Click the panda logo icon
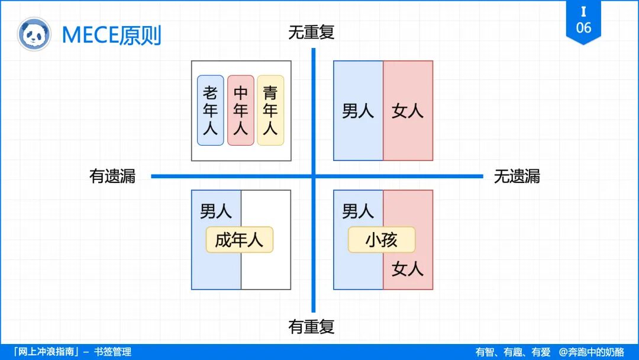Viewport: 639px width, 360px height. click(34, 34)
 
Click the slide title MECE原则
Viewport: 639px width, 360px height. click(111, 35)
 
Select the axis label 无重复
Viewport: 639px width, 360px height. click(311, 33)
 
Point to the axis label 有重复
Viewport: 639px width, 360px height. click(311, 326)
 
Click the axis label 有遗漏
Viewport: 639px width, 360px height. click(112, 176)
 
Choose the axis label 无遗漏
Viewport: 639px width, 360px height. click(517, 176)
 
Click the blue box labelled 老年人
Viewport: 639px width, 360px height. click(210, 110)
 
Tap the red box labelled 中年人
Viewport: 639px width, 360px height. click(240, 110)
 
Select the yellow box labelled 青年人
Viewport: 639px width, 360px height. click(270, 110)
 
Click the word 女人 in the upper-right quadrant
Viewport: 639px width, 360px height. click(408, 111)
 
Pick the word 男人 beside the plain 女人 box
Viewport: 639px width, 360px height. click(358, 111)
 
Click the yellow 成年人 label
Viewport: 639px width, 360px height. click(239, 240)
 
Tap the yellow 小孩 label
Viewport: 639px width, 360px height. click(381, 240)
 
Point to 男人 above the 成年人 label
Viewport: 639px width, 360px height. click(216, 211)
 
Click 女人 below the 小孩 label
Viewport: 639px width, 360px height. click(408, 269)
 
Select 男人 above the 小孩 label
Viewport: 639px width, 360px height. click(358, 211)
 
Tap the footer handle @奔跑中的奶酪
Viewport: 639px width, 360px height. click(591, 352)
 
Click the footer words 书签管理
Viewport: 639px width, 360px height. click(112, 352)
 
